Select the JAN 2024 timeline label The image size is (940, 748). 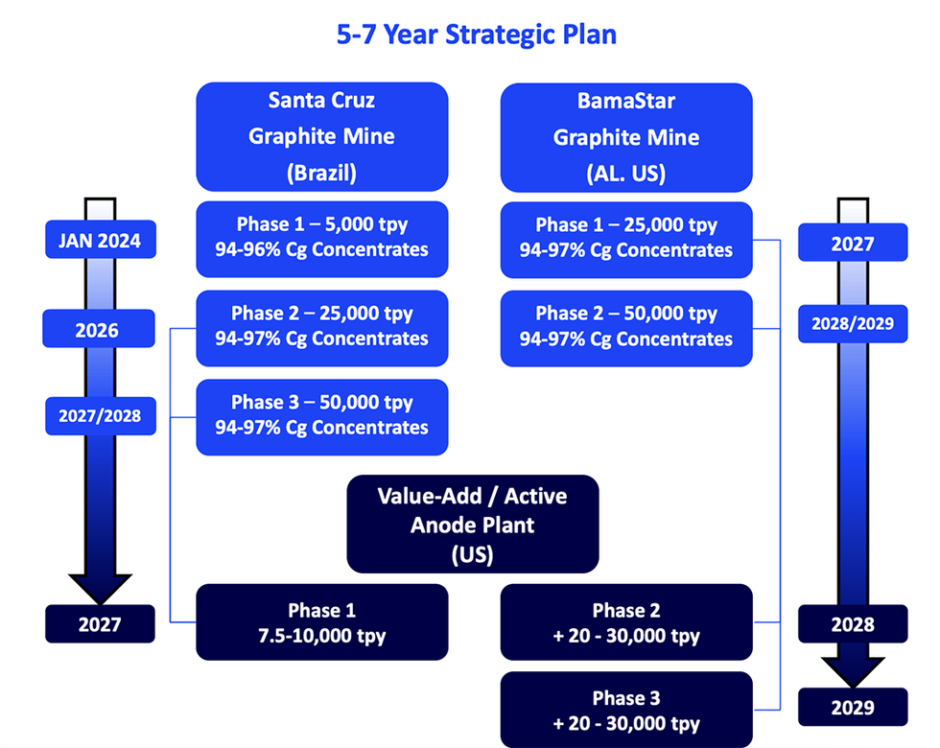(100, 241)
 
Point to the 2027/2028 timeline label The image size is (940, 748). (100, 416)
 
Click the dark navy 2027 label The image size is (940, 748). (100, 624)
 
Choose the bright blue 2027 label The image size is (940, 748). (853, 244)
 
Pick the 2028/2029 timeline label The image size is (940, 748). (853, 323)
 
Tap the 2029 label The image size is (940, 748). (853, 708)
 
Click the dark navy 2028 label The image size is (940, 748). (853, 624)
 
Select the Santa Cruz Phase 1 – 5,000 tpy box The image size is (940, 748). (321, 238)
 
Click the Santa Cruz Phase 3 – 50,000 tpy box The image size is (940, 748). (321, 415)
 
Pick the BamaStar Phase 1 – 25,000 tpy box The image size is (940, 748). (625, 238)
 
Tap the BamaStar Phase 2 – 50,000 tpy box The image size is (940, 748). (625, 326)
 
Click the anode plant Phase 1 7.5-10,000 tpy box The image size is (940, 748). (321, 622)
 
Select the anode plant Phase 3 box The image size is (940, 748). (625, 711)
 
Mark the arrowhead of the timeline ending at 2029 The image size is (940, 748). (853, 668)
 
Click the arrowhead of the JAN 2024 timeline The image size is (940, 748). (100, 587)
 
